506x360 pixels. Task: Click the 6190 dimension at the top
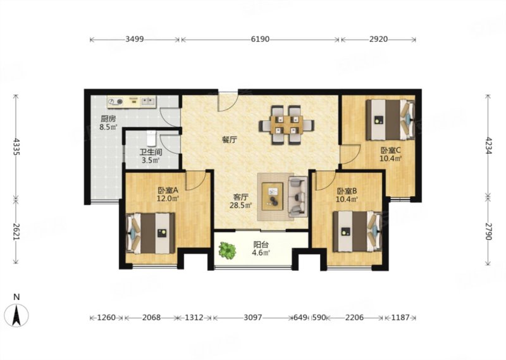[260, 39]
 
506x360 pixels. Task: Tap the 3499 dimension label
[134, 39]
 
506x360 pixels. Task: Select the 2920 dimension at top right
[378, 39]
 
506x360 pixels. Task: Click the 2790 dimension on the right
[488, 232]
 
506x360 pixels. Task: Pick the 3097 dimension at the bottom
[252, 318]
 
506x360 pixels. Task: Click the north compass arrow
[16, 315]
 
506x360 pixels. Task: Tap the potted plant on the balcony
[228, 249]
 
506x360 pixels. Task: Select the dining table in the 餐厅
[287, 125]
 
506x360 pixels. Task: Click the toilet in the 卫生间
[151, 138]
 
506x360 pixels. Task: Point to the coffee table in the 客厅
[273, 196]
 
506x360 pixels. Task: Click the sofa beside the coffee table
[297, 197]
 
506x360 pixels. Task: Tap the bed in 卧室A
[151, 233]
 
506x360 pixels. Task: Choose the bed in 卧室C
[390, 120]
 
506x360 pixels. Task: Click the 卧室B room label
[346, 191]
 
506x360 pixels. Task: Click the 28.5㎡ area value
[241, 205]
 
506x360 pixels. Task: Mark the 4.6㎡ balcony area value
[261, 252]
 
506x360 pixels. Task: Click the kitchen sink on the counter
[148, 101]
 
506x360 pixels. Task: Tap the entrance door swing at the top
[228, 102]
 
